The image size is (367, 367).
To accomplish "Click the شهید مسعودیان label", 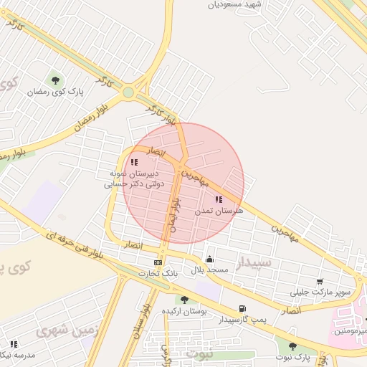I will (235, 4).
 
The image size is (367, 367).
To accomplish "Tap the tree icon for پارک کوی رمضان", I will (55, 80).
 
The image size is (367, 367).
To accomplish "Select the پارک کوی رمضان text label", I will (56, 92).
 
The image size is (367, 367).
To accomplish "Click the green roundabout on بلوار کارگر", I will (128, 92).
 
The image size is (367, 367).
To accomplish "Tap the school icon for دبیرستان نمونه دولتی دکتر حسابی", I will (135, 163).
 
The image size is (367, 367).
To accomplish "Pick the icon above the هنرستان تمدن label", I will (219, 200).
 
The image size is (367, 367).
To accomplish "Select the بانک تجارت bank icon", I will (158, 262).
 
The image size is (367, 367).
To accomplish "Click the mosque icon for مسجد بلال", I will (209, 259).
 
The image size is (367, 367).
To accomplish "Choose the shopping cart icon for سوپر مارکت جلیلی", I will (319, 281).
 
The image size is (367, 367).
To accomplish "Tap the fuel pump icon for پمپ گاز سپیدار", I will (242, 309).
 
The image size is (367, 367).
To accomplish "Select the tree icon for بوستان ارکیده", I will (184, 300).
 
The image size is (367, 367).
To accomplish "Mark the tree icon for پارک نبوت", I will (292, 346).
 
